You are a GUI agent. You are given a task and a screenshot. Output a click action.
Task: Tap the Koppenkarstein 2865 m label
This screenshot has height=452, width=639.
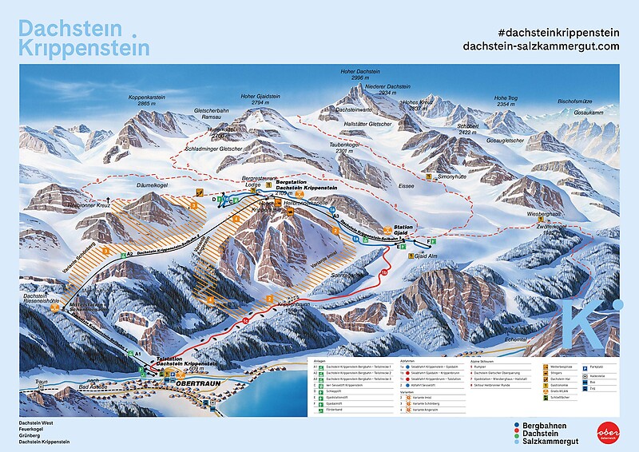click(x=145, y=101)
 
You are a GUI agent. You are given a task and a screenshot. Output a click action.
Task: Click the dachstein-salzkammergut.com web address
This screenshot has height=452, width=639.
click(x=542, y=46)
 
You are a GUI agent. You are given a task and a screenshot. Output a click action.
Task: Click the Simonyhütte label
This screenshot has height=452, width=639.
click(x=450, y=176)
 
